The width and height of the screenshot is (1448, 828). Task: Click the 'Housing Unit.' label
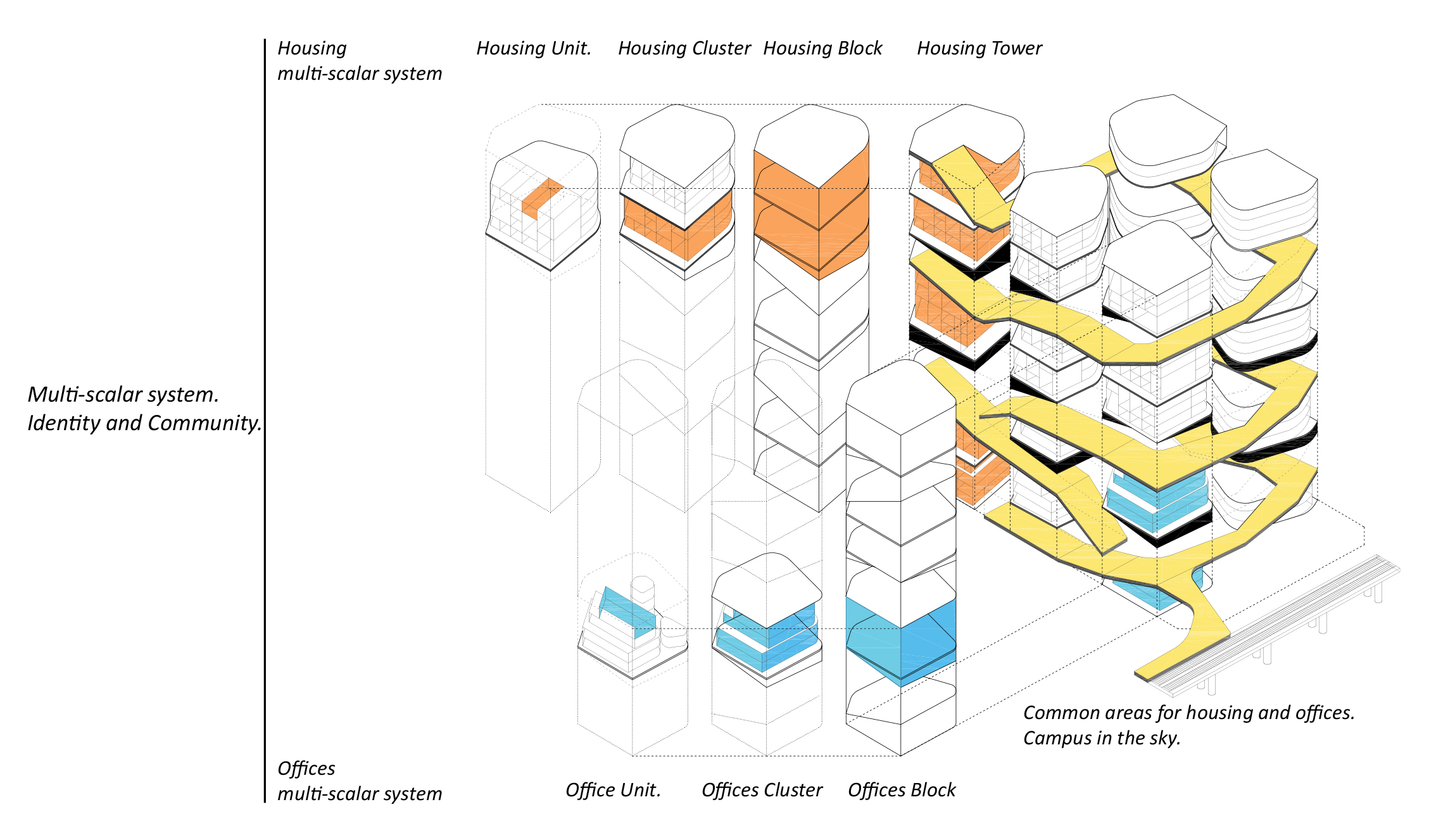(x=533, y=48)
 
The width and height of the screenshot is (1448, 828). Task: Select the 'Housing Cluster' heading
(x=684, y=48)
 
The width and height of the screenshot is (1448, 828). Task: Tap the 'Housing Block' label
(x=822, y=48)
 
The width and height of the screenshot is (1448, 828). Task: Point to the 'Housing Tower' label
(x=979, y=48)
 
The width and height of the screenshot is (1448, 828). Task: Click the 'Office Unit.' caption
(x=612, y=790)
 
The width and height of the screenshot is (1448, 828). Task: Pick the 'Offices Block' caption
(x=901, y=790)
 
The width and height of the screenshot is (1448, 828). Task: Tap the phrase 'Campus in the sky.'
(x=1101, y=738)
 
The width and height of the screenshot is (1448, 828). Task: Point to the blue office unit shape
(x=627, y=611)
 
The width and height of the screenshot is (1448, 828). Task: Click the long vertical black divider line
(x=265, y=418)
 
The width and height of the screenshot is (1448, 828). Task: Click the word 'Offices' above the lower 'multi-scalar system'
(x=306, y=768)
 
